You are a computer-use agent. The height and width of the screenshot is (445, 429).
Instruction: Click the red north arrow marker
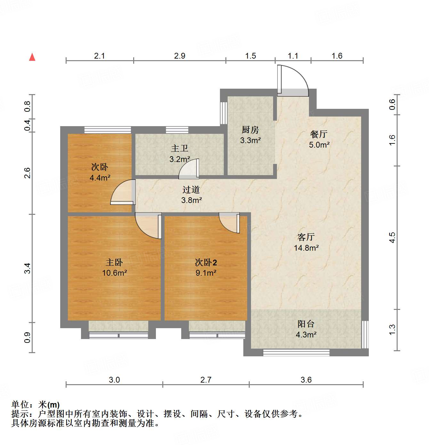click(32, 57)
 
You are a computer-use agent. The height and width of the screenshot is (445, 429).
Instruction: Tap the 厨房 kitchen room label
click(250, 130)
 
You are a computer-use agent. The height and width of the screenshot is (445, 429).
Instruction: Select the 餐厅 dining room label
click(319, 134)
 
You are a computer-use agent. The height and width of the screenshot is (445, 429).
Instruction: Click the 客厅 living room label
click(306, 237)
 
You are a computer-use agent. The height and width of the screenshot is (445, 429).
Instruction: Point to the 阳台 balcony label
click(306, 324)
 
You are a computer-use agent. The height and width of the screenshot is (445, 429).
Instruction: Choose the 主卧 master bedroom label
click(114, 263)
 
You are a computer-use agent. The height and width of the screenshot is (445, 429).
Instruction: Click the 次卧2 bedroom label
click(206, 263)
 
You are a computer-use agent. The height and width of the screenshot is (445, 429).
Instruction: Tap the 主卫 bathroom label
click(179, 149)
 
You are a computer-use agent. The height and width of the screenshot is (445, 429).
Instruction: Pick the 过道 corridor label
click(191, 190)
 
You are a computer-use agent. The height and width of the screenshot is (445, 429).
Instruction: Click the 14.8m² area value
click(306, 248)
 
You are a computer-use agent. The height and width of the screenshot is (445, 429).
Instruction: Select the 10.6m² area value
click(114, 273)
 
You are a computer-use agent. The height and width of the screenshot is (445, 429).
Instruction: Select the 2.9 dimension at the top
click(180, 56)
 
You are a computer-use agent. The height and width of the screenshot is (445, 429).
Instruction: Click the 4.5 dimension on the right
click(393, 238)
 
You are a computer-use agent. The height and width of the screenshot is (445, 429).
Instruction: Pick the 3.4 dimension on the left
click(28, 268)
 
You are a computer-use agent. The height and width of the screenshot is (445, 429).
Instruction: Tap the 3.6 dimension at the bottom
click(306, 380)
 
